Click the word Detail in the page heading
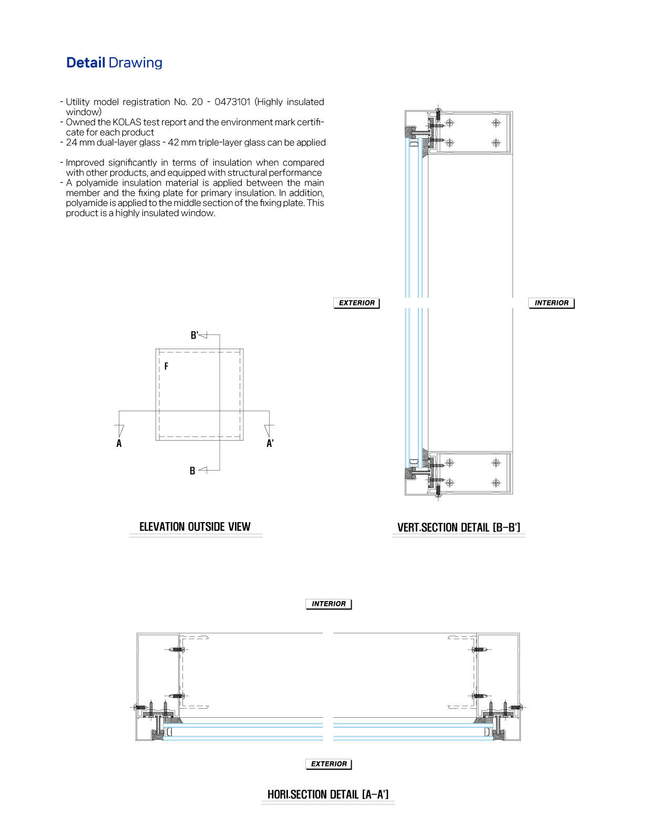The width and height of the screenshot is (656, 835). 86,63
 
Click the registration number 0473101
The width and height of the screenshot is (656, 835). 232,102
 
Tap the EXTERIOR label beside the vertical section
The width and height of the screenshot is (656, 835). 356,303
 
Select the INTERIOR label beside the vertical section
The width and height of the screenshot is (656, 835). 551,303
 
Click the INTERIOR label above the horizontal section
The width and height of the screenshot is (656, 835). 329,604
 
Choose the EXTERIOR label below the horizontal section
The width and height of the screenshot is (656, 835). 329,764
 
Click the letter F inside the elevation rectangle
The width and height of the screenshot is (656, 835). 166,366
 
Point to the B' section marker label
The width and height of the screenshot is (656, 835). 194,335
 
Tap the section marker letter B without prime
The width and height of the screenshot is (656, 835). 192,471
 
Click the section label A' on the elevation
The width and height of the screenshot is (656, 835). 270,443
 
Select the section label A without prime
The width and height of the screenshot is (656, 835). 119,443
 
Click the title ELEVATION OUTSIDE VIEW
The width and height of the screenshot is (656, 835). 195,527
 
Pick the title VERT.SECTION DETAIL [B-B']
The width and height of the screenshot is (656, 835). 458,527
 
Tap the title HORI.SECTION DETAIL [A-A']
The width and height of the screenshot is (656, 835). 328,795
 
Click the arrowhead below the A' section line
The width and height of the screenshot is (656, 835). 269,431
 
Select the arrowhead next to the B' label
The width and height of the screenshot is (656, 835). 204,335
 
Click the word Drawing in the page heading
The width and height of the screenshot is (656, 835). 135,63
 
